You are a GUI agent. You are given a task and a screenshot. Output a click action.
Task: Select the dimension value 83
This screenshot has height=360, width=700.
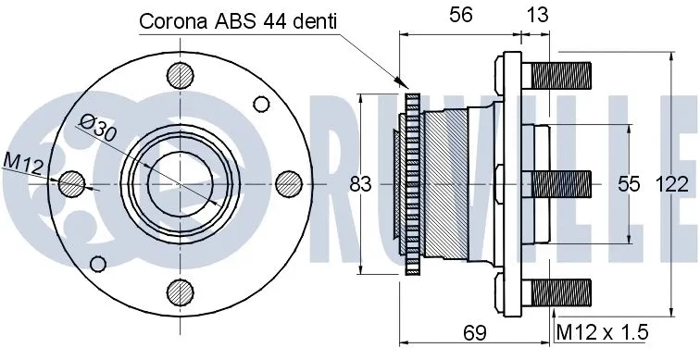pyautogui.click(x=361, y=184)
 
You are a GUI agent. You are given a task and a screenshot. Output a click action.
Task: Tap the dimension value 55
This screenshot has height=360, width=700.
pyautogui.click(x=630, y=184)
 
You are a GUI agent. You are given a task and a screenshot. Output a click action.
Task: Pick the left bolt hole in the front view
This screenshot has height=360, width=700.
pyautogui.click(x=73, y=184)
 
